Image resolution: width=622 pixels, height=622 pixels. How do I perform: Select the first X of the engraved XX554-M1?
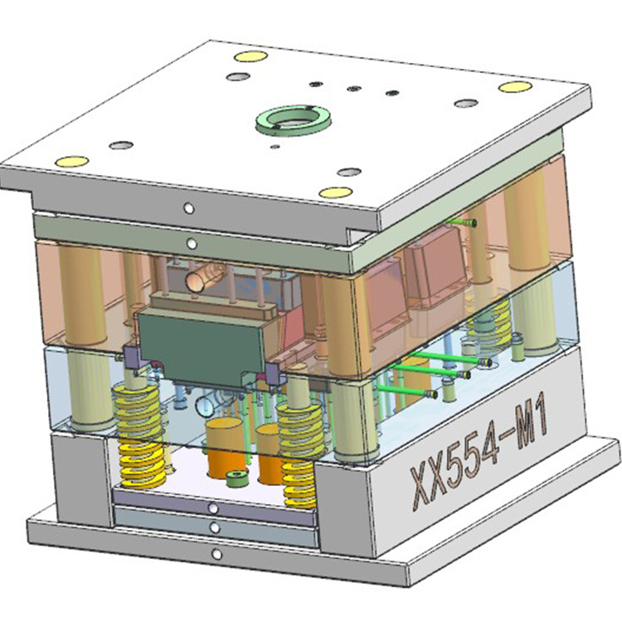(422, 486)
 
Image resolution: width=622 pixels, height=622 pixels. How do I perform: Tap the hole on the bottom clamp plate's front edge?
(216, 554)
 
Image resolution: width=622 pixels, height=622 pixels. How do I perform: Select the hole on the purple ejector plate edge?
(213, 508)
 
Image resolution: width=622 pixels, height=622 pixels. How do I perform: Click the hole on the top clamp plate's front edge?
(189, 208)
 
